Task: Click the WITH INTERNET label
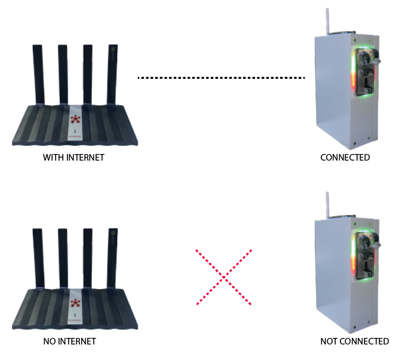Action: tap(73, 158)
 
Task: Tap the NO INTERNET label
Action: tap(69, 341)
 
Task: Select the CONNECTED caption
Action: tap(345, 158)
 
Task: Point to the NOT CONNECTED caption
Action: tap(354, 341)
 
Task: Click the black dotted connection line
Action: tap(221, 78)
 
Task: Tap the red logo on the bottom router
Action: tap(76, 302)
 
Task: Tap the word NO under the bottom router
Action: tap(50, 341)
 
